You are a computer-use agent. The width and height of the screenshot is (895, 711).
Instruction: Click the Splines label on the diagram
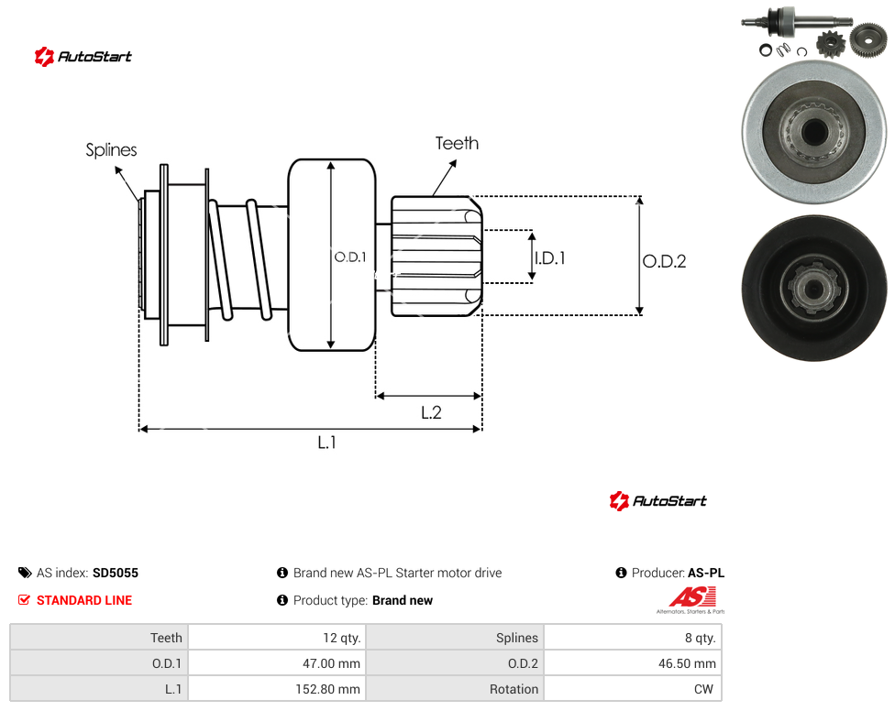point(111,150)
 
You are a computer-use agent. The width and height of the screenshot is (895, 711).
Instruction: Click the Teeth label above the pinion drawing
point(457,143)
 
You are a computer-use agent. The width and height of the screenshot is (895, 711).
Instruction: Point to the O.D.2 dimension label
point(665,261)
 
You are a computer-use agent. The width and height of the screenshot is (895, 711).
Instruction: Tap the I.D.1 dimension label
point(549,258)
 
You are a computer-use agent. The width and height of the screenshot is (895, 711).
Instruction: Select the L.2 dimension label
point(432,412)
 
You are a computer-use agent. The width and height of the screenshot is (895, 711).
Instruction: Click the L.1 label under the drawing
point(327,442)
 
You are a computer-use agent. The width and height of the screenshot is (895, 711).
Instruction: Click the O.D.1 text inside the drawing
point(350,257)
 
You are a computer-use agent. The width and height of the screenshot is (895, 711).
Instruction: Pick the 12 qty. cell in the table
point(277,638)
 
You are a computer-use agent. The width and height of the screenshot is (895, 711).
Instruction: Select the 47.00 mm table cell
point(277,663)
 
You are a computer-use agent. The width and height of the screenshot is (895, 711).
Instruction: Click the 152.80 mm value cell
point(277,689)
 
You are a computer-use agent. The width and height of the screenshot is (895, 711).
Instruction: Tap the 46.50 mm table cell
point(633,663)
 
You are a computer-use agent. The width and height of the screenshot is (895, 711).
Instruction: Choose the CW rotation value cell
point(633,689)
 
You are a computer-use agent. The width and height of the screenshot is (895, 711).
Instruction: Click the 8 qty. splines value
point(633,638)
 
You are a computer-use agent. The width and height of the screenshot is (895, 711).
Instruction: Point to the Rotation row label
point(514,689)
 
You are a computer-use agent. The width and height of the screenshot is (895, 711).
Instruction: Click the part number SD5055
point(116,573)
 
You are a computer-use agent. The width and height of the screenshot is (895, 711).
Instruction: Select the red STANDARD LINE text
point(84,600)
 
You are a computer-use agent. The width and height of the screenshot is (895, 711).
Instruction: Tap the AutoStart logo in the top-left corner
point(83,57)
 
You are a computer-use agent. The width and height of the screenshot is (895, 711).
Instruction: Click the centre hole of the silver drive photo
point(814,132)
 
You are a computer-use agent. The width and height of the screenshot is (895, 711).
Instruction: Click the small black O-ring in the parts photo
point(766,50)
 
